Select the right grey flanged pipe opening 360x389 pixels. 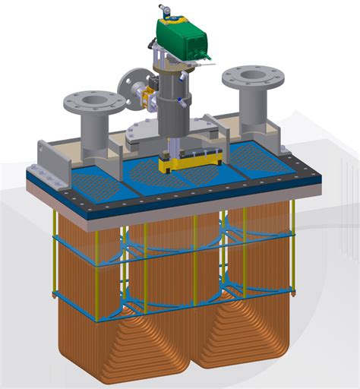coord(250,76)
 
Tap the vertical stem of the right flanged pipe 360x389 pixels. coord(251,106)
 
